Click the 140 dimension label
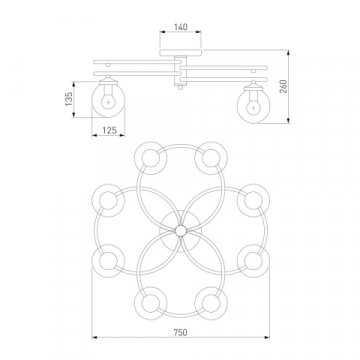[181, 27]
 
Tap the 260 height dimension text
[283, 86]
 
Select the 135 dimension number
[69, 99]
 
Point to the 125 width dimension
[109, 130]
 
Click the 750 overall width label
[180, 332]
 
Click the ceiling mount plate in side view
[181, 53]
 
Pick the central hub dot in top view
[181, 231]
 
